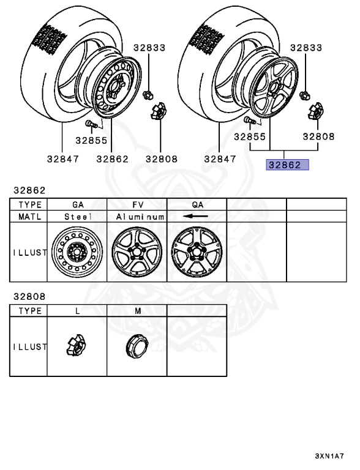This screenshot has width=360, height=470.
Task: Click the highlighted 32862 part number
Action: [287, 165]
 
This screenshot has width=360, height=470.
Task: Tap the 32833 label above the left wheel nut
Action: [149, 48]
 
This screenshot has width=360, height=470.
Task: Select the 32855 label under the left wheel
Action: [91, 140]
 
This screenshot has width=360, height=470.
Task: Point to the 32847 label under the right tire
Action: [220, 159]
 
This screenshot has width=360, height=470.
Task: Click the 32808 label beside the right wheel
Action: [318, 136]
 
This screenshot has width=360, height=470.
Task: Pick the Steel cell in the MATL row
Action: [78, 217]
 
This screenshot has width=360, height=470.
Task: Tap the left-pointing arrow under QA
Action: [195, 216]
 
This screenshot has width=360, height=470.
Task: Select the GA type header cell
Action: [78, 205]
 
